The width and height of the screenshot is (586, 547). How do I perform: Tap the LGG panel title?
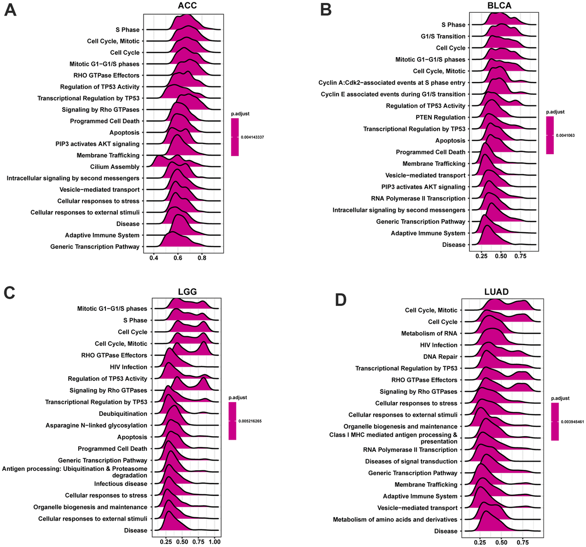187,292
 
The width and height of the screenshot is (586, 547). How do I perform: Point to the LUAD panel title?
496,292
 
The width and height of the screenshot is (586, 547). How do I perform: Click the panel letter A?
10,10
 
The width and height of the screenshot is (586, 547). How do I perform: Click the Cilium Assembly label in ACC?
115,167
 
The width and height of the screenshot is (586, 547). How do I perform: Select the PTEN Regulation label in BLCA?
440,117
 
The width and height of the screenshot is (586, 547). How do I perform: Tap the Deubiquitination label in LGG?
123,414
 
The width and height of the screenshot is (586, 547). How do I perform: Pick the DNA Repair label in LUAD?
440,357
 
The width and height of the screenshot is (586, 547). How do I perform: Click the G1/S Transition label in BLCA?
443,36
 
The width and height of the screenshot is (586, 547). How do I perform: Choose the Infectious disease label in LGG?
121,484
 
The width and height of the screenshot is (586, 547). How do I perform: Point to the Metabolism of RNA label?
429,333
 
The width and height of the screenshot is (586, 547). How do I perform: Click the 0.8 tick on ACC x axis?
202,257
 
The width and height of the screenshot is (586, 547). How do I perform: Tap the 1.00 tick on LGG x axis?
214,542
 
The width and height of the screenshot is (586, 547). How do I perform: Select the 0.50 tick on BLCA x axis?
501,255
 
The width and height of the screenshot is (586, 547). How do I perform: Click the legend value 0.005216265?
251,421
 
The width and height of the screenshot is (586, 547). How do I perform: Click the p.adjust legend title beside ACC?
241,114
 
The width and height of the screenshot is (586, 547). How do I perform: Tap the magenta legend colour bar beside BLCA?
550,135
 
